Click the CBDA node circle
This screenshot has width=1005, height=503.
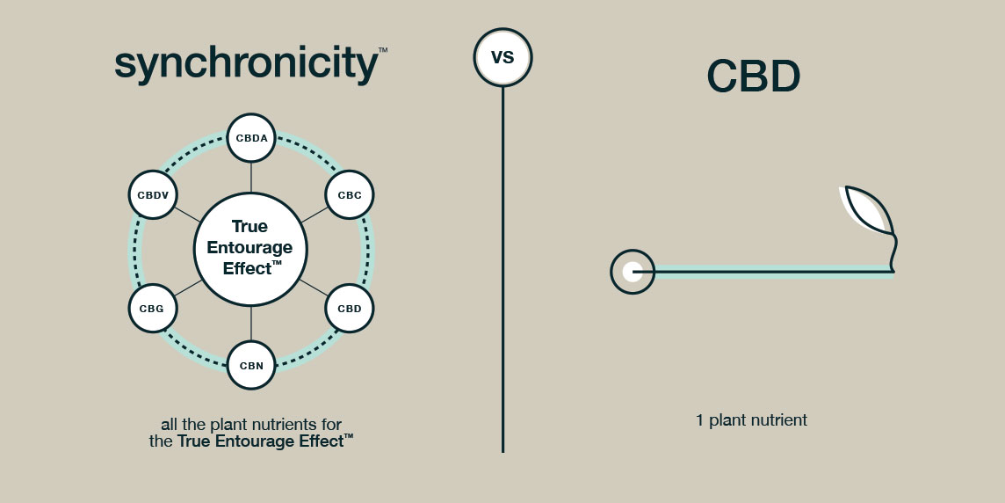(x=251, y=138)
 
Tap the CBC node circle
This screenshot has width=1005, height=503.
(x=350, y=195)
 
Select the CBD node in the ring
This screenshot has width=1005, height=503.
(x=350, y=309)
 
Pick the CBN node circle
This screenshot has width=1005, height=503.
(x=251, y=365)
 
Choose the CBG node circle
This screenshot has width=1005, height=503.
(x=153, y=309)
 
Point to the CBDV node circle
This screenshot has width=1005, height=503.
(x=153, y=195)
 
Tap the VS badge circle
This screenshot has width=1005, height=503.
(x=502, y=58)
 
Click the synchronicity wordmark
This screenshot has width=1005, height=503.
(x=246, y=65)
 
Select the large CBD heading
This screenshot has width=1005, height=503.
(x=754, y=77)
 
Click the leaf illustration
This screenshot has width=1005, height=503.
(x=868, y=211)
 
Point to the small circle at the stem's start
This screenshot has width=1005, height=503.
(x=632, y=272)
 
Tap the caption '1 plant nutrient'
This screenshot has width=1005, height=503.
(x=751, y=420)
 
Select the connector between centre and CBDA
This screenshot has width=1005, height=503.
(x=251, y=177)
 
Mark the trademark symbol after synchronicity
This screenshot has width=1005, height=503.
(x=382, y=52)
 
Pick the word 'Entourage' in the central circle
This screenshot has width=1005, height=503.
(x=249, y=248)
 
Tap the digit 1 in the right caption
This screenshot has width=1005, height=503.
(x=700, y=420)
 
